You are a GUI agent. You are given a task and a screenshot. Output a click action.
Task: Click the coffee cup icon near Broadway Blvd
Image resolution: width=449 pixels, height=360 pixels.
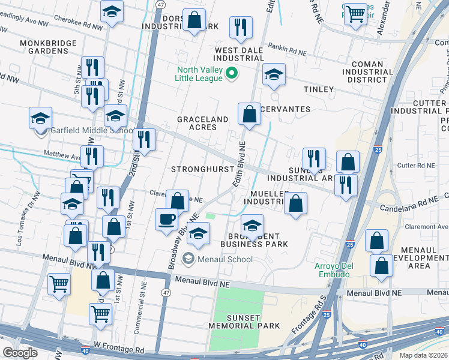point(166,218)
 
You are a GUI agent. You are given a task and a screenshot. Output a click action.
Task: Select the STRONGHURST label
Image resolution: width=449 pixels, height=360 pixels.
point(202,169)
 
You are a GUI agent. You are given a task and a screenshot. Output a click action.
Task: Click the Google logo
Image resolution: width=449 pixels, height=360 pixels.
point(20,353)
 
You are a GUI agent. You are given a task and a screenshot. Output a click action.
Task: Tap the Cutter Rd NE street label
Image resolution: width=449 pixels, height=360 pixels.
point(415,165)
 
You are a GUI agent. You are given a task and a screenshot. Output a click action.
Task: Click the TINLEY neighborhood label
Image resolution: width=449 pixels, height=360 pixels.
point(318,89)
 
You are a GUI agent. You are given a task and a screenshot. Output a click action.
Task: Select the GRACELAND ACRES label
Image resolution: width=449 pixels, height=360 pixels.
point(202,124)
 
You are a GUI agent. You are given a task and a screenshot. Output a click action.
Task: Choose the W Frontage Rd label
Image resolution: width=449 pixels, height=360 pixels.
point(119,347)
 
